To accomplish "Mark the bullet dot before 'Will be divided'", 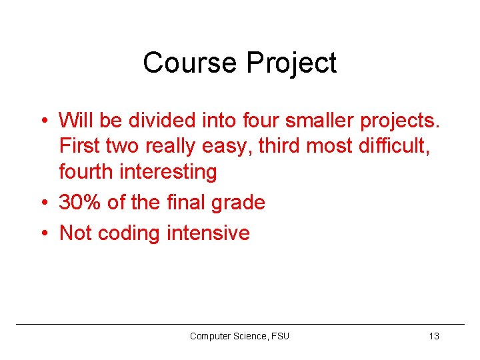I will coord(43,121).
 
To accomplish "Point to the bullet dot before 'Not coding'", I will coord(43,233).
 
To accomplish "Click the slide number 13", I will coord(434,336).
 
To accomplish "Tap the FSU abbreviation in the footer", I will coord(281,336).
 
